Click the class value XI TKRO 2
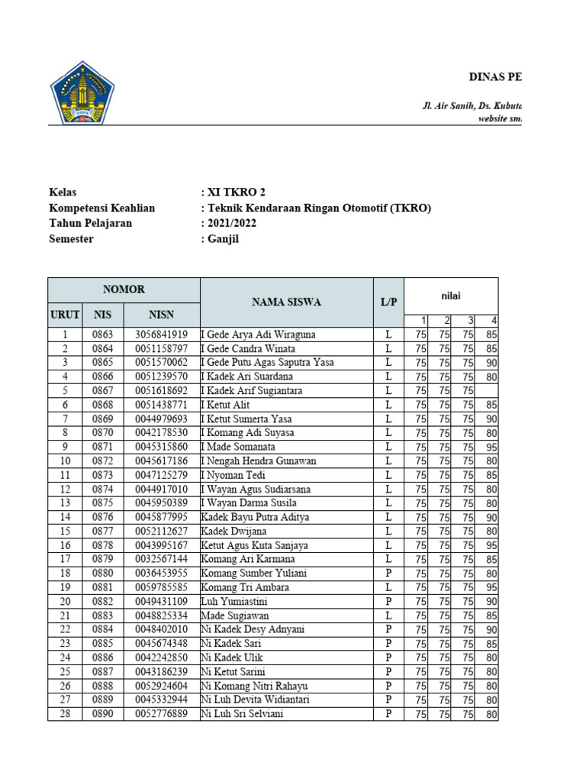(236, 192)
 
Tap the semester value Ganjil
(223, 238)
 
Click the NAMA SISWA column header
(286, 302)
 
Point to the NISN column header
(161, 314)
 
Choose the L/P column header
(388, 302)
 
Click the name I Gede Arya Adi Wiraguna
(258, 334)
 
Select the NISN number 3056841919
(161, 334)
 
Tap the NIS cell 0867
(102, 390)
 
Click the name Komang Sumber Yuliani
(248, 574)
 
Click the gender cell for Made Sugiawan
(388, 616)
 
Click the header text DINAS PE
(494, 77)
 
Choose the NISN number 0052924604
(161, 686)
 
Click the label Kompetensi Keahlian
(101, 208)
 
